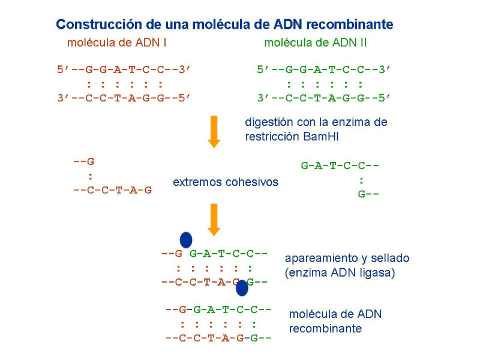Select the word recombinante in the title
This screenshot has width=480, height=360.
350,25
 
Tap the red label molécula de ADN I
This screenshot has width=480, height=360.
117,43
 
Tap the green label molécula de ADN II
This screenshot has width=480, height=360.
316,43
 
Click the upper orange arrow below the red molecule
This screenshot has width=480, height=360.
214,132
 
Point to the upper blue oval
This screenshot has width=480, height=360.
186,239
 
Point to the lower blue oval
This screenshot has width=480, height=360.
242,288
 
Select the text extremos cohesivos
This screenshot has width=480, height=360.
226,182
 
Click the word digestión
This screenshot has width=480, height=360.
269,122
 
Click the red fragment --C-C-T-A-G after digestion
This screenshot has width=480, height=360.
112,190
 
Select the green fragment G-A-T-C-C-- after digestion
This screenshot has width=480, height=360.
341,165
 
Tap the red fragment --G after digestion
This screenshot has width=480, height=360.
84,161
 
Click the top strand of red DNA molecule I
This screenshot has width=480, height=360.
124,70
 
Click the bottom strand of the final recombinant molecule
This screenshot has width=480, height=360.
218,338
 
